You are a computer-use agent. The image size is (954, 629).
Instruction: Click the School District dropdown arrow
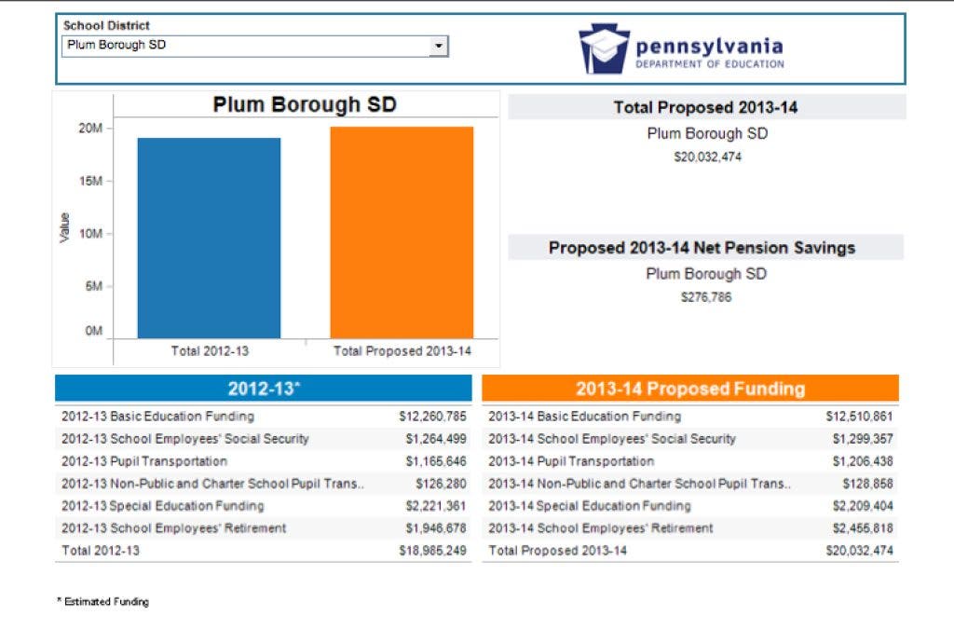point(438,46)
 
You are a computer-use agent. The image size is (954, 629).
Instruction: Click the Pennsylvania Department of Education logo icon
point(604,48)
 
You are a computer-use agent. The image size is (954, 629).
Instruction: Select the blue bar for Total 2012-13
point(209,238)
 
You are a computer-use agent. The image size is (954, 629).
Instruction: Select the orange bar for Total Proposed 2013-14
point(402,232)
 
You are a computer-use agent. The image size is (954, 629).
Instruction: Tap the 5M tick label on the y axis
point(93,287)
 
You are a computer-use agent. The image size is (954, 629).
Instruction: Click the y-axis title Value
point(64,228)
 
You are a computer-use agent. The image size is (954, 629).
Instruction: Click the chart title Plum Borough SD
point(305,104)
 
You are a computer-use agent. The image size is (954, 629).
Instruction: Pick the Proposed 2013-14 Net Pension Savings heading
point(702,248)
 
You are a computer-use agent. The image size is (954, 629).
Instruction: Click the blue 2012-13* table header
point(264,389)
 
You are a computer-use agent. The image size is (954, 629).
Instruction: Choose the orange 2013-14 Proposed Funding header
point(689,389)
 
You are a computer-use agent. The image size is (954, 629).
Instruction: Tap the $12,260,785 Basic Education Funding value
point(432,417)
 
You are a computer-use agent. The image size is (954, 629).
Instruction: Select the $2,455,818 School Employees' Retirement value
point(859,528)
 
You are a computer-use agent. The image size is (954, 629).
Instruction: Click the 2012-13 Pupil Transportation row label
point(144,461)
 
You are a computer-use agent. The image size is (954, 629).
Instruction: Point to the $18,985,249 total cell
point(432,551)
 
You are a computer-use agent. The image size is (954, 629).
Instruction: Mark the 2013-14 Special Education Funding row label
point(590,506)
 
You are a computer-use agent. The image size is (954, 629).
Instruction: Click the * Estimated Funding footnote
point(102,602)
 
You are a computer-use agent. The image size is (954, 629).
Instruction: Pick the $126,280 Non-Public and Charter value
point(441,484)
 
